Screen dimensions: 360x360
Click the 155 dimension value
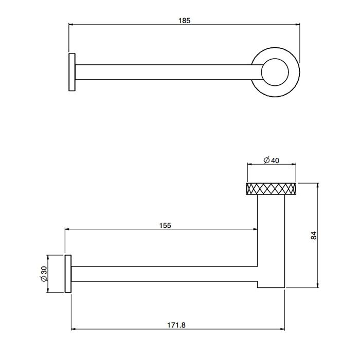pyautogui.click(x=165, y=225)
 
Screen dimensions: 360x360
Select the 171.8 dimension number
pyautogui.click(x=176, y=325)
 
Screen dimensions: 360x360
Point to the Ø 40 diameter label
pyautogui.click(x=271, y=160)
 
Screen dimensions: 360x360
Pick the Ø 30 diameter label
pyautogui.click(x=44, y=274)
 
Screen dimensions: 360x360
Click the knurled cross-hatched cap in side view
pyautogui.click(x=272, y=189)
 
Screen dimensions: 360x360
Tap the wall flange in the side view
pyautogui.click(x=67, y=274)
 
